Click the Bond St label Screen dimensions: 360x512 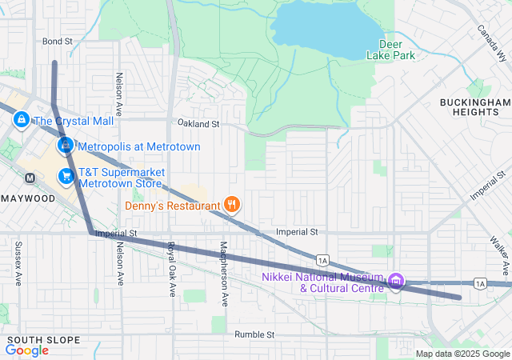point(58,41)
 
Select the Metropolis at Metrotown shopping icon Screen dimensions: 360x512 point(66,146)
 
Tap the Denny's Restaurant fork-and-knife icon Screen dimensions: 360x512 point(232,206)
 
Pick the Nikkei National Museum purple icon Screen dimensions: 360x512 point(396,281)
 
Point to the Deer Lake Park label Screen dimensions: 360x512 point(391,50)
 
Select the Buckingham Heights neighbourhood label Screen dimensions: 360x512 point(474,107)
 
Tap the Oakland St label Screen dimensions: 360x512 point(198,124)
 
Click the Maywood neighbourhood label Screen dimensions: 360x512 point(23,198)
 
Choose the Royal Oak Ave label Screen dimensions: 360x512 point(170,269)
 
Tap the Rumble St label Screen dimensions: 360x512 point(254,334)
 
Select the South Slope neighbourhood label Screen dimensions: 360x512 point(42,340)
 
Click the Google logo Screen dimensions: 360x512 point(26,350)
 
